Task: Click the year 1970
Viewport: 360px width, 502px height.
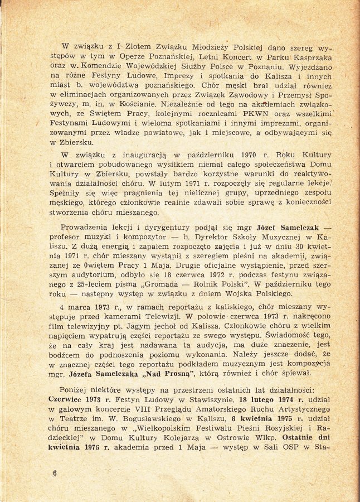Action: (x=249, y=155)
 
